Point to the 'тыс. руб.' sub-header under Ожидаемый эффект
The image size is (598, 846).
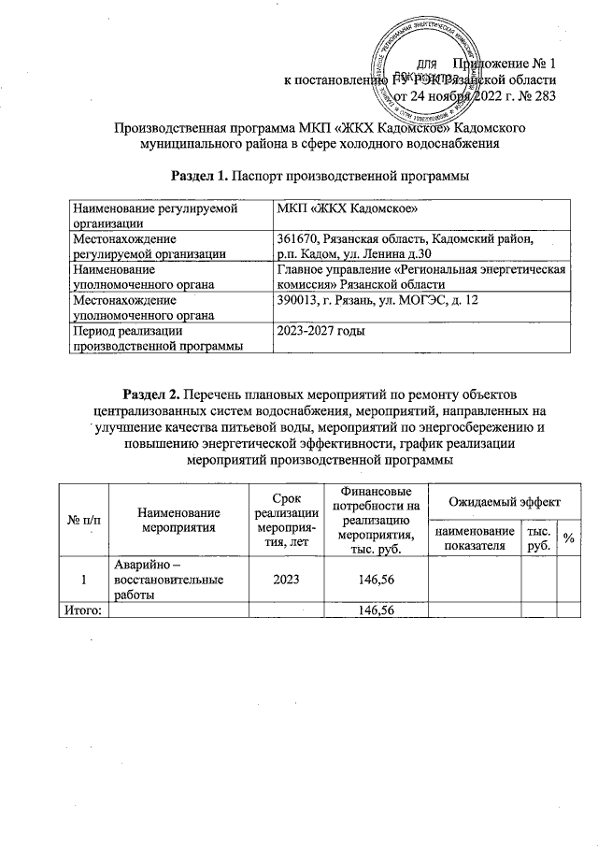pos(537,539)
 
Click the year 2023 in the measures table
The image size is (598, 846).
pos(285,580)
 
